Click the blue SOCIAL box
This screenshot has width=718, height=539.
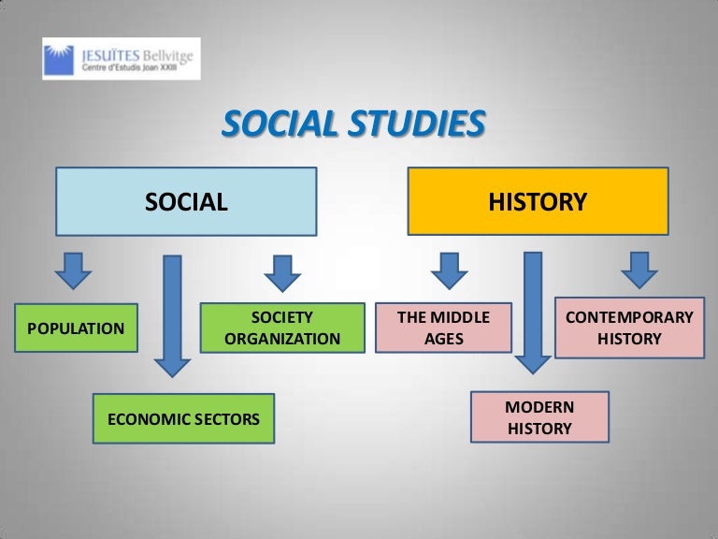coord(186,200)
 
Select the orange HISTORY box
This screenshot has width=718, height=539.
coord(538,200)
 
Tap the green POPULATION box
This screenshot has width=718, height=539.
coord(76,328)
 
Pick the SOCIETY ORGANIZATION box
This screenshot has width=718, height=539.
coord(282,328)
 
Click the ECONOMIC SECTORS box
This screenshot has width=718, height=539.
coord(183,418)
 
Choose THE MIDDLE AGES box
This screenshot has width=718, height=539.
coord(444,328)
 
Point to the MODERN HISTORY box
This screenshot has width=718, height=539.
coord(539,417)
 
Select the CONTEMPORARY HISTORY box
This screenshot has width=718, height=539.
coord(628,328)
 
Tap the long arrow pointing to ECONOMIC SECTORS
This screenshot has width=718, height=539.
coord(172,313)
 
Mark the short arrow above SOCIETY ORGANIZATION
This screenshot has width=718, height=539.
coord(282,272)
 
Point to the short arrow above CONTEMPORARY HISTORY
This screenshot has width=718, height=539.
coord(639,269)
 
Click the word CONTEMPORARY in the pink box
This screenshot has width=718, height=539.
coord(629,317)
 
